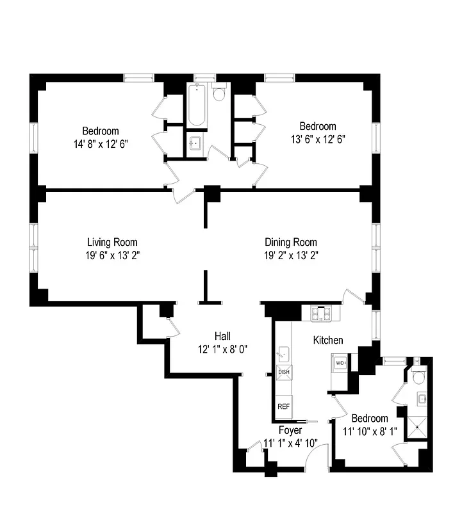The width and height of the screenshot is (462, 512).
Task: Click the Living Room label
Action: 112,243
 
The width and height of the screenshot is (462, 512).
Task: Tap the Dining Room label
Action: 291,243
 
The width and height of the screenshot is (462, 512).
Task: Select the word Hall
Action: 222,336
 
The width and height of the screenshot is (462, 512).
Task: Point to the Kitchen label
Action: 327,340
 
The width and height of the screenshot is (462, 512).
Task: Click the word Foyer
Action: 290,430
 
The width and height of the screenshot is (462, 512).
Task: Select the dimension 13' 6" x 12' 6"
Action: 318,139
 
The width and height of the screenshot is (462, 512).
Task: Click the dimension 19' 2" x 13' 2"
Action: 291,255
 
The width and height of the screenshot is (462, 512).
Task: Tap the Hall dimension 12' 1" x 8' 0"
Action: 222,349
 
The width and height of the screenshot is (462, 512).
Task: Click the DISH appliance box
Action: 284,372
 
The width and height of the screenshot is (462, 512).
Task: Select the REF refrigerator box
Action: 283,406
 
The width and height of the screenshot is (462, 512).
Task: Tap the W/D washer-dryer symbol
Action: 340,364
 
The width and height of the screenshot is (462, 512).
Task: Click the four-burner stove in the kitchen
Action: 320,313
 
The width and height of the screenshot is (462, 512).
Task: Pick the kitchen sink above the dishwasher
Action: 283,354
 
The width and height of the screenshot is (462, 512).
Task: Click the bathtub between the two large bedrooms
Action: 197,106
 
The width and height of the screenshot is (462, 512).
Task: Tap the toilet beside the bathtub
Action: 219,95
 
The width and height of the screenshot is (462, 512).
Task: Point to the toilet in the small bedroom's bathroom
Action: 419,376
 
